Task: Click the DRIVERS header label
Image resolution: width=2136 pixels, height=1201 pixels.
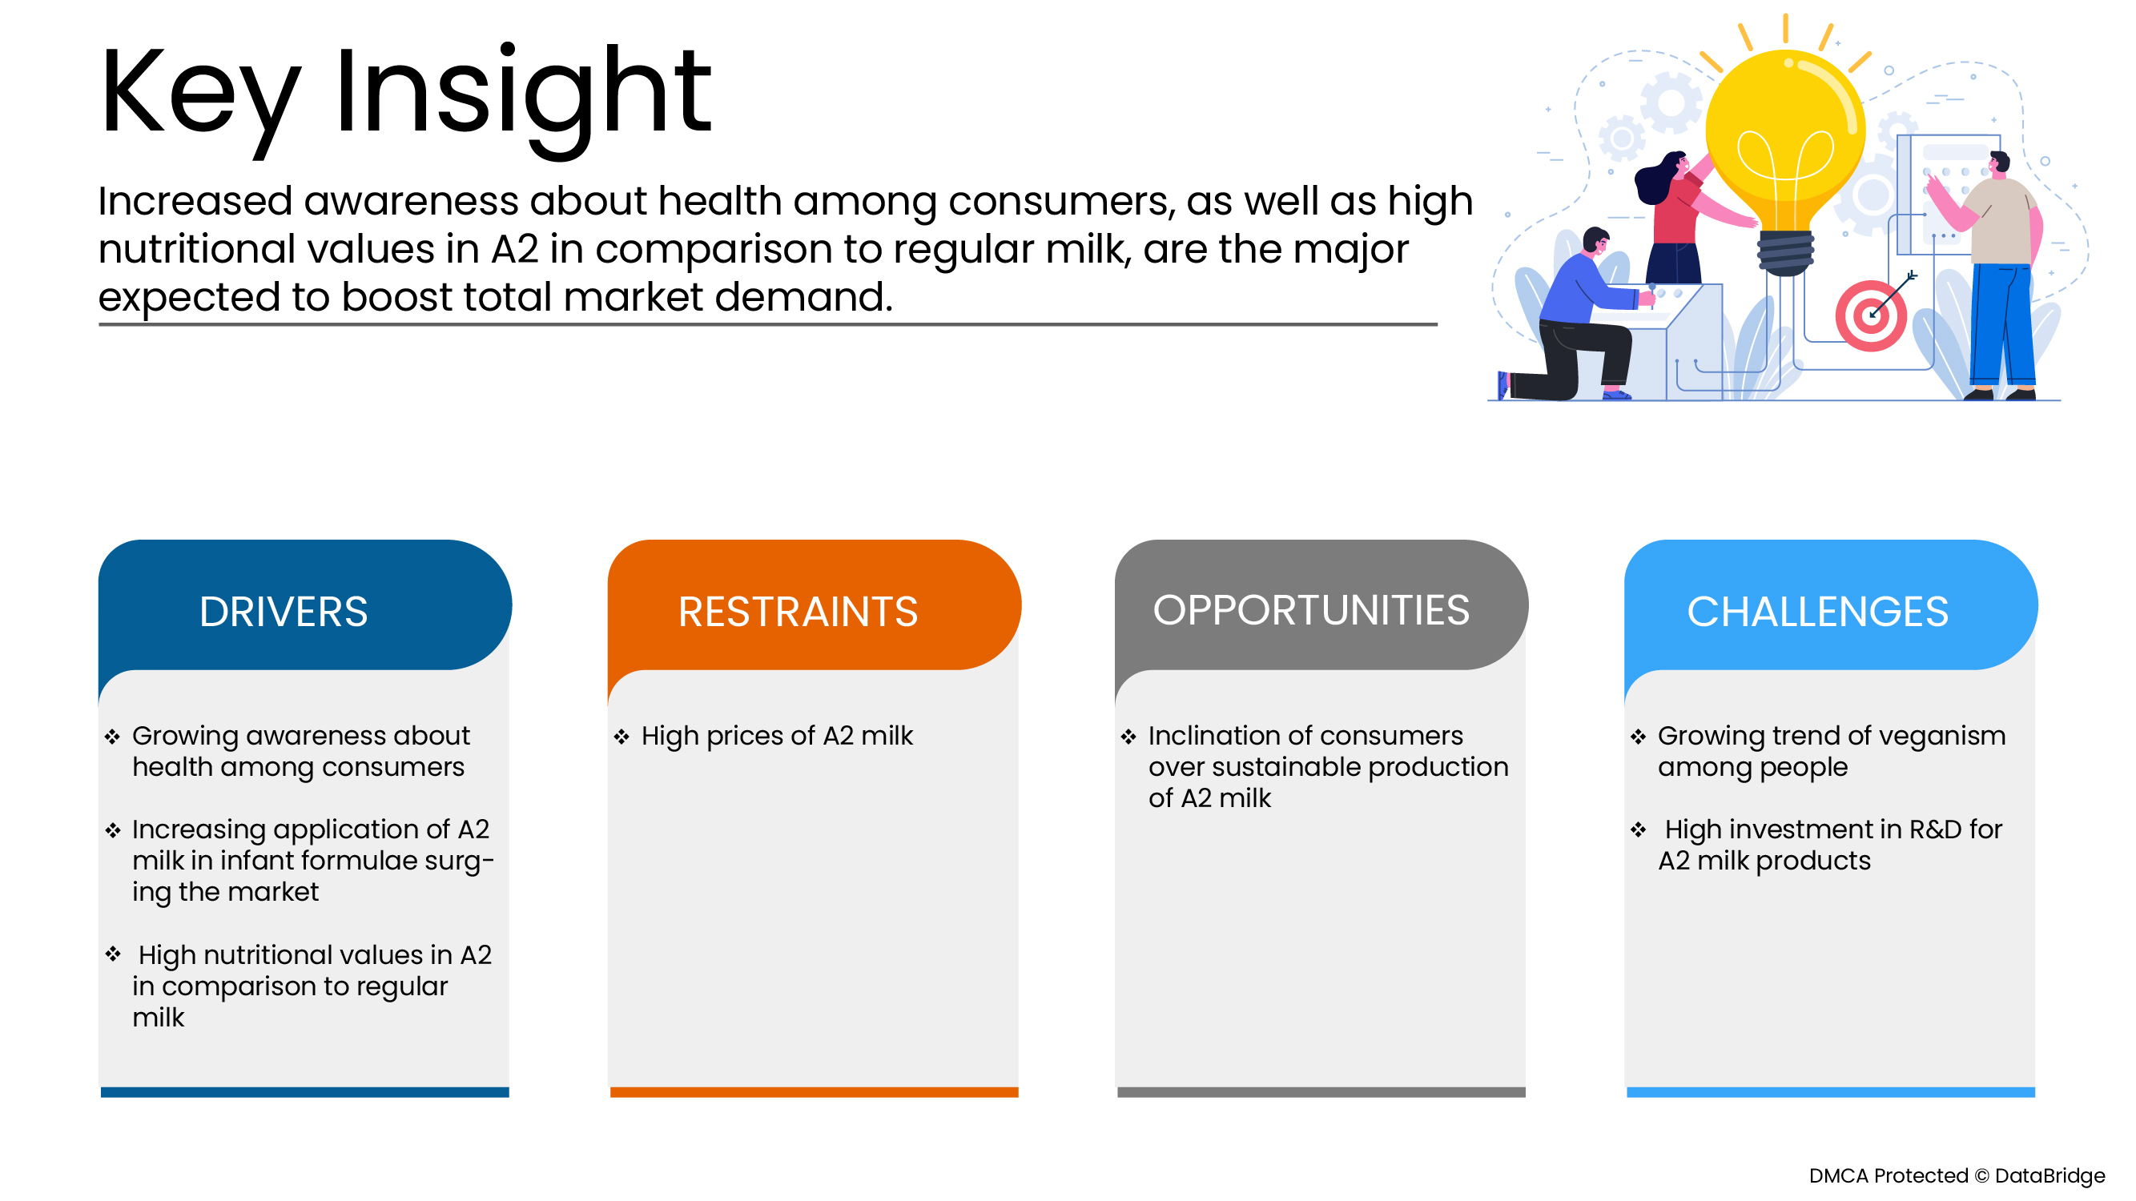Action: pos(284,612)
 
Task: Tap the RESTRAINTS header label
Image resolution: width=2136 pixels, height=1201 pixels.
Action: pos(798,612)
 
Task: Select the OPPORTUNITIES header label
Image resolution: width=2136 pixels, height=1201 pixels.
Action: pos(1311,610)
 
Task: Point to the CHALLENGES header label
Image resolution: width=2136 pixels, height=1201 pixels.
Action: pos(1817,612)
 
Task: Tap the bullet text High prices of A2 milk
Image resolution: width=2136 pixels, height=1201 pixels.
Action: pos(777,736)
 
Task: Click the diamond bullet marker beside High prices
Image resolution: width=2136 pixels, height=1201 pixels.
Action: pos(621,736)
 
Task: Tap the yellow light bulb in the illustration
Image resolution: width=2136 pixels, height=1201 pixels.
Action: pos(1785,149)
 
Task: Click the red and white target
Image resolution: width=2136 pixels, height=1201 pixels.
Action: pos(1871,315)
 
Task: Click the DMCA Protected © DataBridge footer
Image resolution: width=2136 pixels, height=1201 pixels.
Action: pos(1957,1175)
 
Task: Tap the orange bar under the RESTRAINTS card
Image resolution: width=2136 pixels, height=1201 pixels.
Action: pos(814,1092)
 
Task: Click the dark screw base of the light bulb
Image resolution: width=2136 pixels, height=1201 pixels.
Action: pos(1785,253)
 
